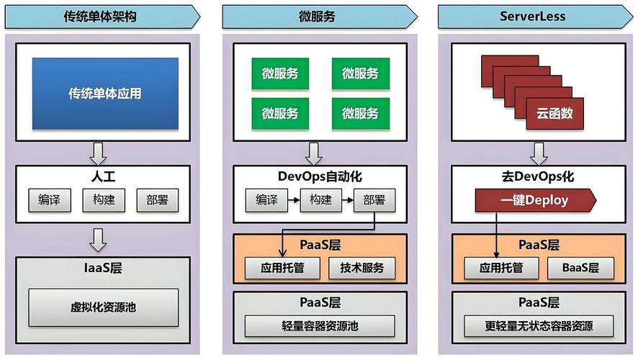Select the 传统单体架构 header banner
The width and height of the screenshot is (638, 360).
coord(102,17)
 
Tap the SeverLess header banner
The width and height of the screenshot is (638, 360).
coord(532,17)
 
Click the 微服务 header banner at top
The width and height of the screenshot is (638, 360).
coord(318,17)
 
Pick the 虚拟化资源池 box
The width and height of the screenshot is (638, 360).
coord(103,307)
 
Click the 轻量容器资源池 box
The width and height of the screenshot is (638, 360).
coord(320,325)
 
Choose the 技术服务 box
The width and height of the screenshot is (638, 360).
coord(362,269)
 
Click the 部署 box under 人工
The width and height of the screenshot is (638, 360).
coord(156,200)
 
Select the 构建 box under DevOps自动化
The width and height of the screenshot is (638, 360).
coord(320,200)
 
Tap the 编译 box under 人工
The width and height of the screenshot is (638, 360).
coord(50,200)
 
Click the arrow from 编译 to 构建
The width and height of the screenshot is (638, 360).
coord(293,200)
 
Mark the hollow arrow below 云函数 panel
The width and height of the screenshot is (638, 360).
coord(536,152)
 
